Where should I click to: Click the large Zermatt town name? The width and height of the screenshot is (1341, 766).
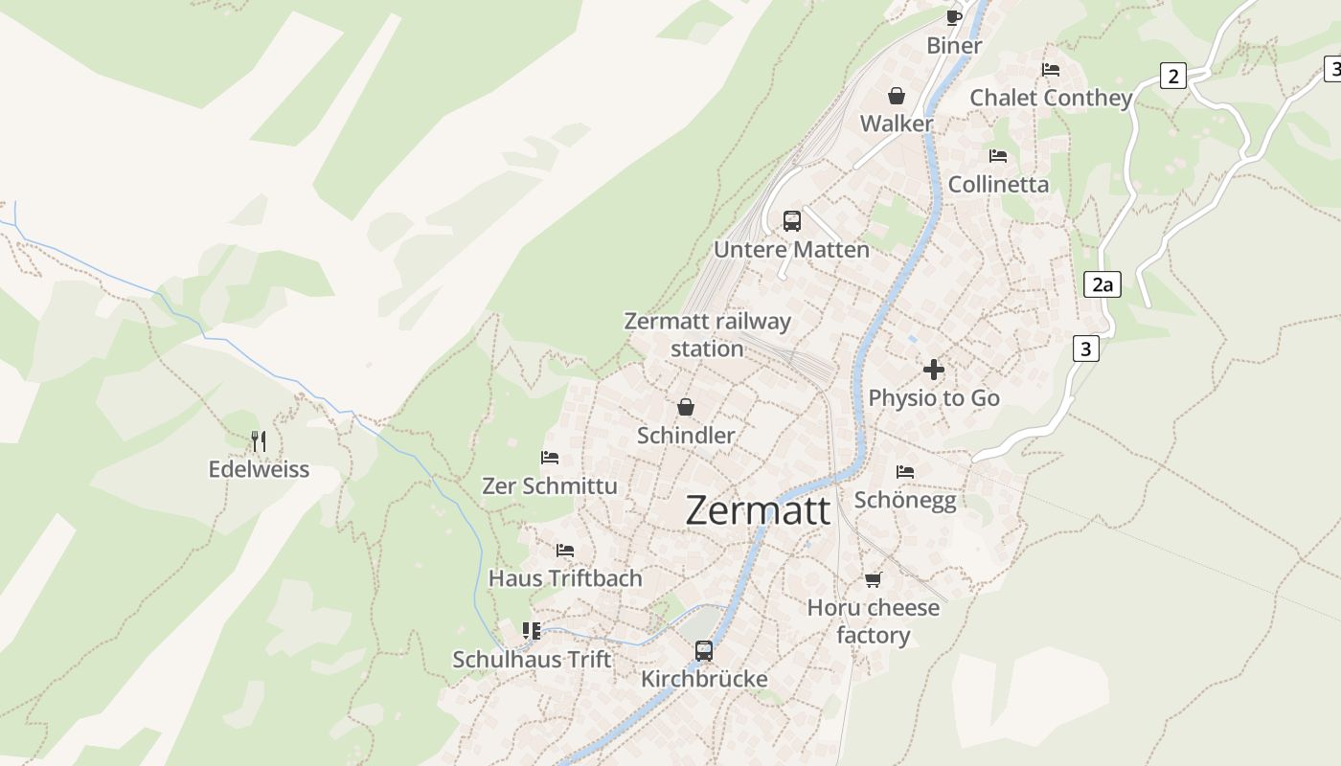(758, 509)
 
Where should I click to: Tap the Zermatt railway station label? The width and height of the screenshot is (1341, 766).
(707, 334)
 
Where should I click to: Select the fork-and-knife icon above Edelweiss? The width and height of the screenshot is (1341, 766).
(258, 441)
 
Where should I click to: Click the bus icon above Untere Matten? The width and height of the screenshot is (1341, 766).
(792, 221)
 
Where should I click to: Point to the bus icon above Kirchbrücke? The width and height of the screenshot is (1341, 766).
(704, 651)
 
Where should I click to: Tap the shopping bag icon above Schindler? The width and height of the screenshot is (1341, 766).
(686, 407)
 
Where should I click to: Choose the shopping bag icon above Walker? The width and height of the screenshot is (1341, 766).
(897, 96)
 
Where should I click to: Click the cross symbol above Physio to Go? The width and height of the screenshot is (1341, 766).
(934, 370)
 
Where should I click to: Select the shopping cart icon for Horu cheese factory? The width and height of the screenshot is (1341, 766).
(873, 579)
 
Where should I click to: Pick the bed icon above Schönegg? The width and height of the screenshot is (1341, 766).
(905, 472)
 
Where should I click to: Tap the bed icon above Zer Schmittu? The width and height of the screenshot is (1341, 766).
(550, 458)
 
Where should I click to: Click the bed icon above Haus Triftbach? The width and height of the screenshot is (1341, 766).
(565, 551)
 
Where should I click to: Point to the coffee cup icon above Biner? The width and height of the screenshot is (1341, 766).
(953, 17)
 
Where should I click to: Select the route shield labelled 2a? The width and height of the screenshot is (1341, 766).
(1102, 284)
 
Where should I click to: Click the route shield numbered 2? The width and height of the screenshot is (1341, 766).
(1173, 76)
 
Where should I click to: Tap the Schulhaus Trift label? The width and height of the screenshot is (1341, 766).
(532, 660)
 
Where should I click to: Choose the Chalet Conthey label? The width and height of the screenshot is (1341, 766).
(1051, 98)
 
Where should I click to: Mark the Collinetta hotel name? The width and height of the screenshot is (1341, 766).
(998, 184)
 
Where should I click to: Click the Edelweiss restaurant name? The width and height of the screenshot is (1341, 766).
(259, 469)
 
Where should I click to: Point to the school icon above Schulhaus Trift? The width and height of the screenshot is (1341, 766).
(532, 631)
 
